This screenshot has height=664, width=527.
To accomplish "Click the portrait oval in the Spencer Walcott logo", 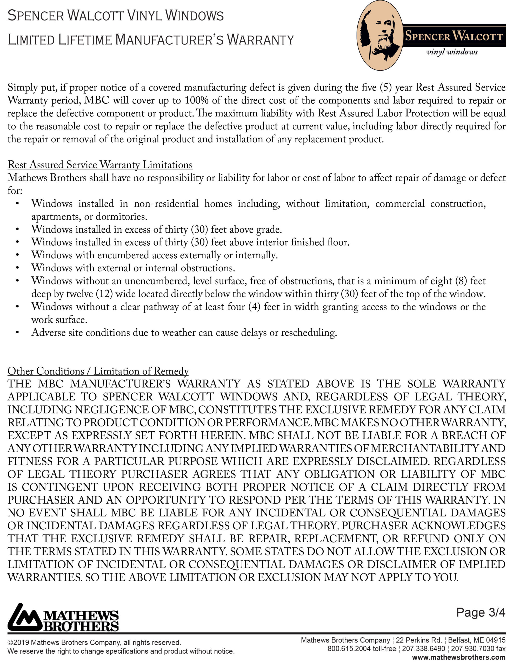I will point(380,36).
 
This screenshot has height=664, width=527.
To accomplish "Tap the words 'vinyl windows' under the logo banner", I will point(452,52).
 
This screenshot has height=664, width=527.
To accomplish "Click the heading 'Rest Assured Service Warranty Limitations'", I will point(100,165).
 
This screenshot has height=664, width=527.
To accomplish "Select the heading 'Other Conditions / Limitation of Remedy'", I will point(98,371).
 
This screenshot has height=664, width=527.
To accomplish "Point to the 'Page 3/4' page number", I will point(481,612).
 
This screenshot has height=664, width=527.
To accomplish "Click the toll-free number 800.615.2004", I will point(349,649).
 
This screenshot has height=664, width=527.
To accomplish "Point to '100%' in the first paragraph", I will point(196,100).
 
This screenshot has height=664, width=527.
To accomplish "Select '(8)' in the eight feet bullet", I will point(461,281).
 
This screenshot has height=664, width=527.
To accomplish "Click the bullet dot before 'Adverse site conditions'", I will point(18,333).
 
